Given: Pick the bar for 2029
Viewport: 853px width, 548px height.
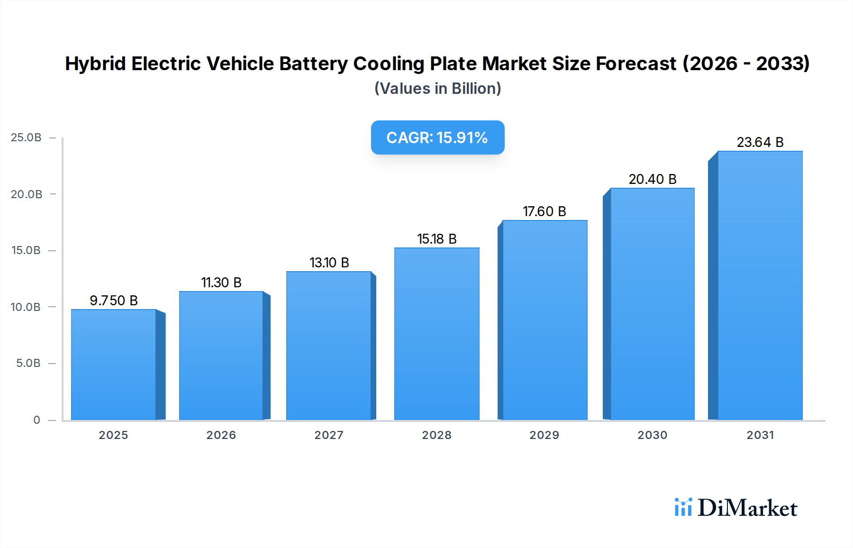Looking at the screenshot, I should click(x=544, y=320).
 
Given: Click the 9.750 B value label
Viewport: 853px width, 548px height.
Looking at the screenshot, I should click(x=114, y=301).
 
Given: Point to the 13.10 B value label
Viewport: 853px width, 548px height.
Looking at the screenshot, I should click(x=329, y=263).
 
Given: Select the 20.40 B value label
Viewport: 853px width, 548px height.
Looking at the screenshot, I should click(x=653, y=179).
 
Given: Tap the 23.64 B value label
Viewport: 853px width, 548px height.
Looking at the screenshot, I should click(x=760, y=142).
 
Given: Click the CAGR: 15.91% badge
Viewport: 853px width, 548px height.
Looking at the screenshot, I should click(x=437, y=137).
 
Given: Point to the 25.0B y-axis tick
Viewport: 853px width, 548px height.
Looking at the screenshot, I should click(x=26, y=137).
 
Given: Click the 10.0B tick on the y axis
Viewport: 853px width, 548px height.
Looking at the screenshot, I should click(x=26, y=307).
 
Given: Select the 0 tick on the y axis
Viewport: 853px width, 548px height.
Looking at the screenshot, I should click(x=36, y=420).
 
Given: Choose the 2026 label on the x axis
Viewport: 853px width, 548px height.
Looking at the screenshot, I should click(x=221, y=435).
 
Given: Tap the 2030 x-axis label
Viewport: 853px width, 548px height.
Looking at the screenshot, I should click(x=653, y=435).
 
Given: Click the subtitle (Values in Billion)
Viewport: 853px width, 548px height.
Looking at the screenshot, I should click(x=437, y=89).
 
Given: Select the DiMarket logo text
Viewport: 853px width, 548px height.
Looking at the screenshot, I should click(x=747, y=508).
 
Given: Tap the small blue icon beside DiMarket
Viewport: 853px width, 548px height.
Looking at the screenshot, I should click(x=683, y=507).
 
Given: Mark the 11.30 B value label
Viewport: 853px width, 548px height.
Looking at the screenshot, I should click(x=221, y=283).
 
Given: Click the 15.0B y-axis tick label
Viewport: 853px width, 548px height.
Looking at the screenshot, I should click(x=26, y=250).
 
